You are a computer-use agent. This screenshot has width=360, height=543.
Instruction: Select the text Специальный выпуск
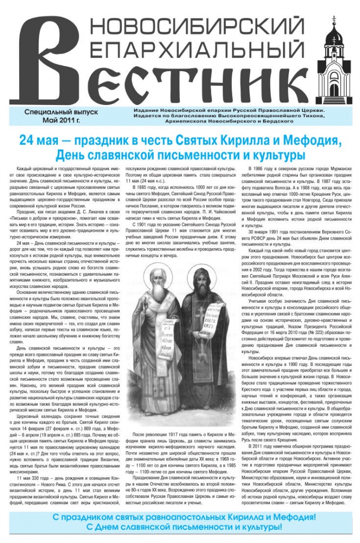(x=52, y=113)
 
